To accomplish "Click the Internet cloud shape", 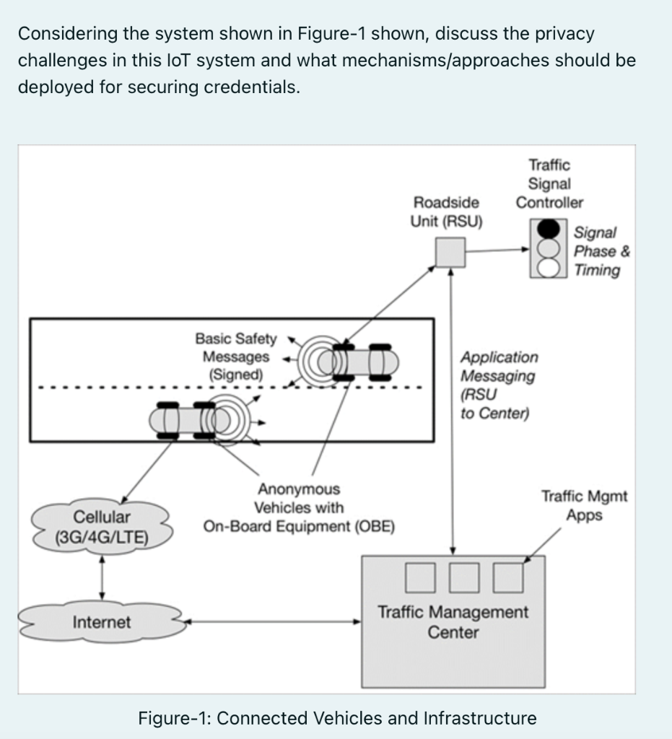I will tap(102, 622).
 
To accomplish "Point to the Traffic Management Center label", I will tap(453, 622).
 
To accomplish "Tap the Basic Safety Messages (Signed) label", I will tap(236, 357).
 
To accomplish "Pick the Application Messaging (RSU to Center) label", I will tap(498, 385).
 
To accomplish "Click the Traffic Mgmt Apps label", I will tap(584, 506).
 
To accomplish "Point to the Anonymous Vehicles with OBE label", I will tap(299, 508).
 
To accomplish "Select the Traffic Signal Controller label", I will tap(549, 184).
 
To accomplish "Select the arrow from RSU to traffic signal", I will tap(498, 250).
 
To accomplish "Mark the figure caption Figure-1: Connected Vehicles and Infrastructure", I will tap(337, 718).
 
